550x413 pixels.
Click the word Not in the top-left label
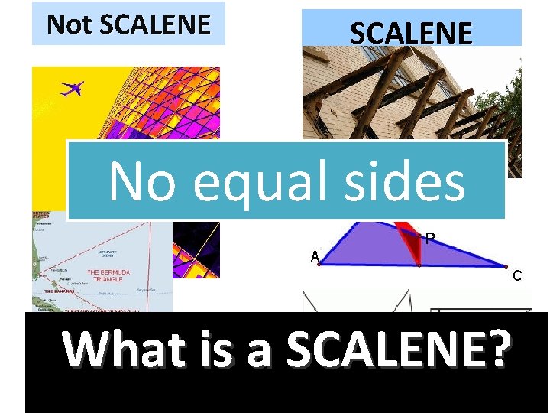(x=70, y=24)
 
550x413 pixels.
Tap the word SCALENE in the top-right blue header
(x=411, y=33)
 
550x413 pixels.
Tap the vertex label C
(x=517, y=275)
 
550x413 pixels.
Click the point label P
(x=431, y=239)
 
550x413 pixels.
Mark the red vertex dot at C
(x=505, y=267)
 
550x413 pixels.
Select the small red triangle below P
(x=412, y=243)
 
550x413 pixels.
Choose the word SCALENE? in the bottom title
(x=397, y=350)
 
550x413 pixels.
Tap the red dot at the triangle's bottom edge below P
(x=419, y=265)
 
